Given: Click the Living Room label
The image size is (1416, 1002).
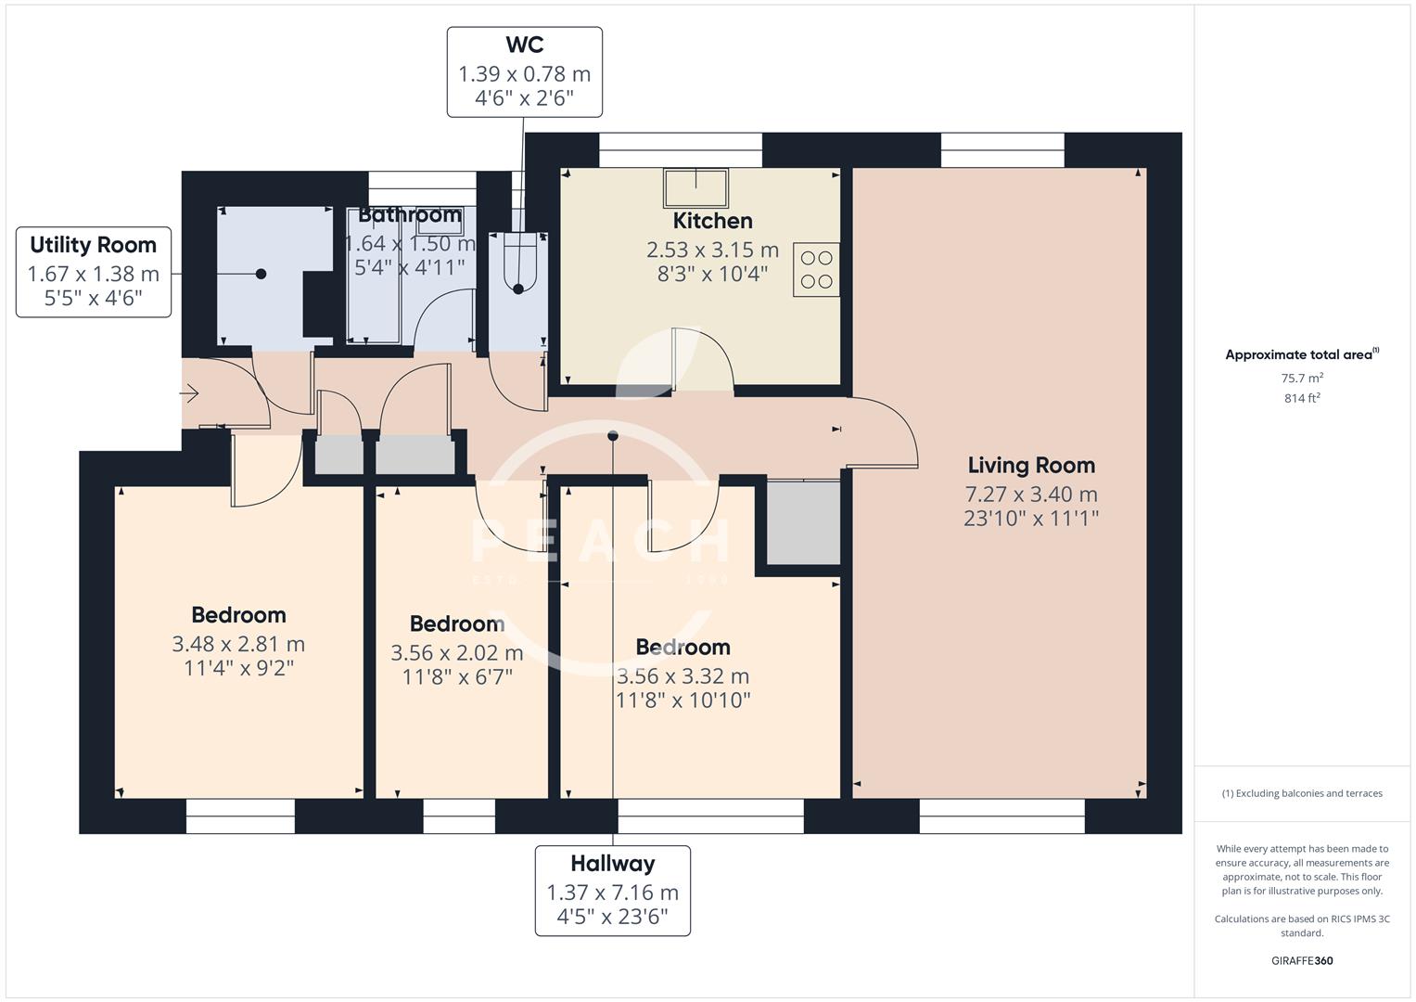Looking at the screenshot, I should pyautogui.click(x=1031, y=465).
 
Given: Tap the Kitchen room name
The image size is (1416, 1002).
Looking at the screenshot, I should pyautogui.click(x=712, y=221).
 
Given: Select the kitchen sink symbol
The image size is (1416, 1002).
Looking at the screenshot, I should pyautogui.click(x=695, y=187).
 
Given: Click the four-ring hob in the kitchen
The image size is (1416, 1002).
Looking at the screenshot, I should pyautogui.click(x=816, y=270).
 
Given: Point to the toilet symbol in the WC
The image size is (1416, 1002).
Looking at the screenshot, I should pyautogui.click(x=518, y=265).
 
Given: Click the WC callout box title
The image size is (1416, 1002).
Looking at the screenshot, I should pyautogui.click(x=524, y=45).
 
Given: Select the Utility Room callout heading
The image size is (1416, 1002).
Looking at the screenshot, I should pyautogui.click(x=93, y=245).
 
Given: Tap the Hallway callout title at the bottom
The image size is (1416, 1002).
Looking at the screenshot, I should pyautogui.click(x=612, y=863).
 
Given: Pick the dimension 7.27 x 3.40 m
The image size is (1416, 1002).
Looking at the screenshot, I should pyautogui.click(x=1031, y=494).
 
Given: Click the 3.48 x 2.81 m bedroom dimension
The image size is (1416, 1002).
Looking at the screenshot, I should pyautogui.click(x=238, y=644).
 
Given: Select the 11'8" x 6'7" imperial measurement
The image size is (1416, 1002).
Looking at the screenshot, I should pyautogui.click(x=457, y=677).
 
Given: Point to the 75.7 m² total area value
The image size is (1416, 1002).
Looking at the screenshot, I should pyautogui.click(x=1302, y=378).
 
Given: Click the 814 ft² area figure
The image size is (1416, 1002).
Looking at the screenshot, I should pyautogui.click(x=1302, y=398).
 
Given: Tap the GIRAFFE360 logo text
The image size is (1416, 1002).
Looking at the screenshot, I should pyautogui.click(x=1302, y=960).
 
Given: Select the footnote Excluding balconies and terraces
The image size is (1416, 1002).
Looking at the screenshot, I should pyautogui.click(x=1302, y=793).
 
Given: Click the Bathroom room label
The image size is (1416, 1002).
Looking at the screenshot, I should pyautogui.click(x=410, y=214).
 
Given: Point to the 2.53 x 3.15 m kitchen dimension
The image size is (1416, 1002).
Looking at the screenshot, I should pyautogui.click(x=712, y=250).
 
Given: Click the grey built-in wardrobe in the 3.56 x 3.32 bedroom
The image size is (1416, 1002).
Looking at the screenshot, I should pyautogui.click(x=803, y=523).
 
